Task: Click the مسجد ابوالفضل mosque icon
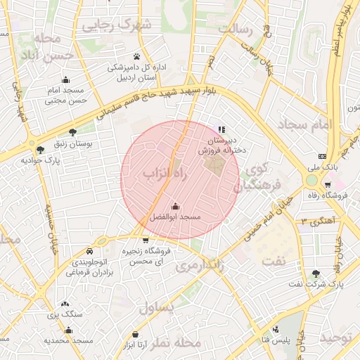tap(175, 206)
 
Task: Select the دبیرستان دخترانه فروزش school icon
tap(221, 129)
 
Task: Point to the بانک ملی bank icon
tap(322, 156)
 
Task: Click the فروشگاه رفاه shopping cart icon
tap(328, 185)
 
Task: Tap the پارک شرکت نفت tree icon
tap(316, 274)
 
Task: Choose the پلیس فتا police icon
tap(276, 329)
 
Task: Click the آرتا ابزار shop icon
tap(136, 333)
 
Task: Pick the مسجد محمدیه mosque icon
tap(69, 330)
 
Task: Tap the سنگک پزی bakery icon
tap(65, 304)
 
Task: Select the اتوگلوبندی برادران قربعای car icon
tap(89, 252)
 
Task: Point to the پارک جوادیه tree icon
tap(40, 149)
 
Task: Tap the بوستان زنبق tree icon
tap(73, 132)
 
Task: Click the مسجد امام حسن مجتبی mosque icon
tap(65, 79)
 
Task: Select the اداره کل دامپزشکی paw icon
tap(136, 56)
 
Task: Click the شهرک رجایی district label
tap(117, 26)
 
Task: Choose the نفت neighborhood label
tap(274, 261)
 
